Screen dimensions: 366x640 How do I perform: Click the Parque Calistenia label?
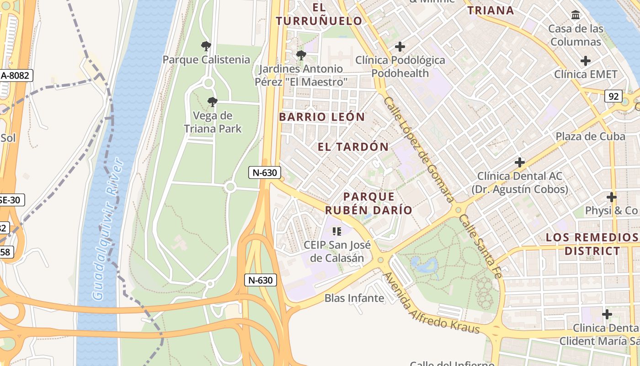point(206,59)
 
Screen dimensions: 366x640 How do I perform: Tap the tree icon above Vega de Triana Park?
point(212,102)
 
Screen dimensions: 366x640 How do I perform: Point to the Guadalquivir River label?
point(108,229)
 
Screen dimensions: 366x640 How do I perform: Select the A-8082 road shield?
point(16,75)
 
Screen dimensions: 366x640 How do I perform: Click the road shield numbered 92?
point(613,96)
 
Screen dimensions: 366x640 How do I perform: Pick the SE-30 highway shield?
point(11,200)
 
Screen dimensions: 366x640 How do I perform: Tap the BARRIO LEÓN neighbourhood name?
point(322,117)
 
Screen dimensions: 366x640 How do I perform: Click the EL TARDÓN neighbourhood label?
point(353,147)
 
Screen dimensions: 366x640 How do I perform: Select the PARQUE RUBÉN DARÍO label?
point(368,203)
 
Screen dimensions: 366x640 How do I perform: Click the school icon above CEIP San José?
point(337,231)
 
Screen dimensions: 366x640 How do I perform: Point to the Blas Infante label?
point(354,298)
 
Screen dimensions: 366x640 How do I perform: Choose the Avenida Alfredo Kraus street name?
point(431,303)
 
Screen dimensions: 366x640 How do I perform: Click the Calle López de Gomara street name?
point(419,149)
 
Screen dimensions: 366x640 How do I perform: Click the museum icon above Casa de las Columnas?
point(576,16)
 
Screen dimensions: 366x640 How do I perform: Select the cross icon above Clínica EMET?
point(585,61)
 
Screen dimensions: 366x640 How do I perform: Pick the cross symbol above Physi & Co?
point(611,197)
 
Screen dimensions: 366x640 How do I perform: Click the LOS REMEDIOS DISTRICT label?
point(592,244)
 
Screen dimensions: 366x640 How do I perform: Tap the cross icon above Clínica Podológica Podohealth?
point(400,47)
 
